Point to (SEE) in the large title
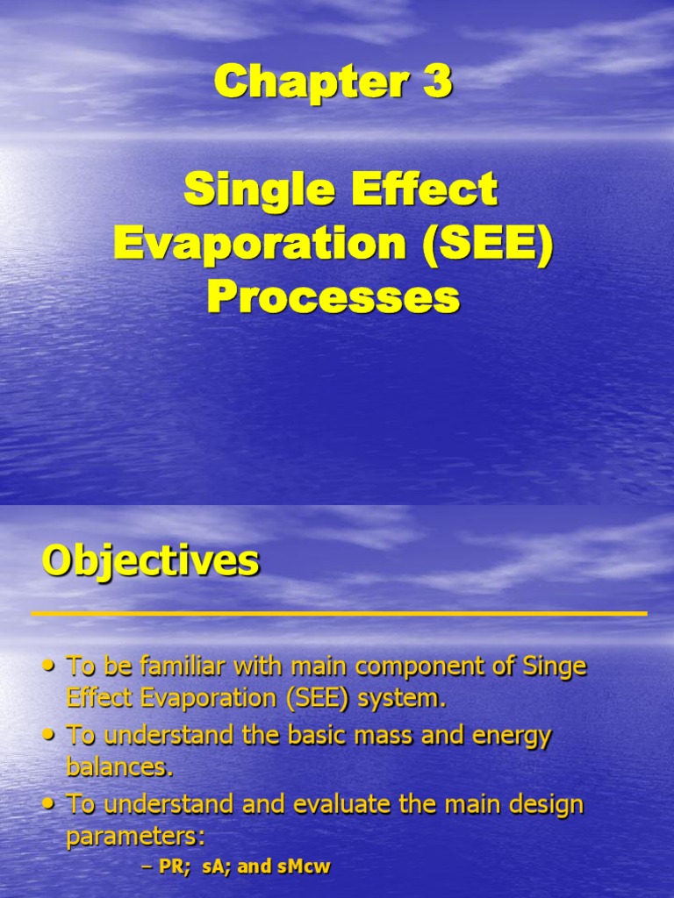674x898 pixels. coord(488,245)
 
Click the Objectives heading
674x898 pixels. coord(150,560)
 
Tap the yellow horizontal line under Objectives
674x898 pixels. coord(339,613)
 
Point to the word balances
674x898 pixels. coord(118,767)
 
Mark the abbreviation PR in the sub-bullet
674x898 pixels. coord(168,867)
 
